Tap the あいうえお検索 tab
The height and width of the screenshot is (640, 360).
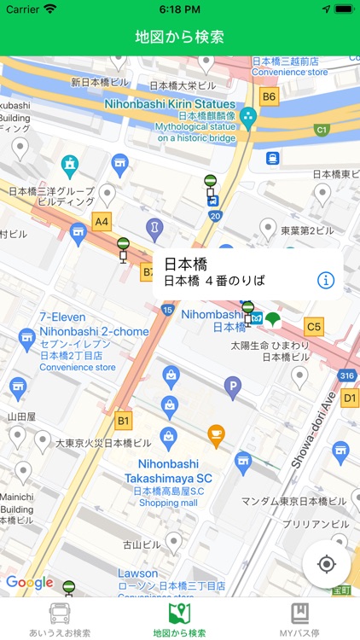pyautogui.click(x=60, y=620)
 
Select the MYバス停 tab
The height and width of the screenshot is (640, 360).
pyautogui.click(x=299, y=620)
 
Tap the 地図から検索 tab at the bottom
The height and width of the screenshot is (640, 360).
pyautogui.click(x=179, y=620)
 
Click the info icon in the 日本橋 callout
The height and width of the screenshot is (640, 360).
pyautogui.click(x=326, y=280)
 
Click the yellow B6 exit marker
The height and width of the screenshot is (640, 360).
pyautogui.click(x=270, y=96)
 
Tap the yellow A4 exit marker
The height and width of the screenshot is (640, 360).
pyautogui.click(x=102, y=222)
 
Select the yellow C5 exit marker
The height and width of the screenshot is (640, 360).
pyautogui.click(x=314, y=326)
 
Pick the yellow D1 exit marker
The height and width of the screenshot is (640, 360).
pyautogui.click(x=351, y=398)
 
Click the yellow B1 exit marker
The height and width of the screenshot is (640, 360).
pyautogui.click(x=125, y=421)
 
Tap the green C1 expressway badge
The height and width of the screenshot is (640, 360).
pyautogui.click(x=322, y=130)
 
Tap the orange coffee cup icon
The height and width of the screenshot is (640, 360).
pyautogui.click(x=217, y=433)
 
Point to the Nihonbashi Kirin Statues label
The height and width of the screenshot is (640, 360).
pyautogui.click(x=170, y=104)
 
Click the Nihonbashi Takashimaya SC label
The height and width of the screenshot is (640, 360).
pyautogui.click(x=168, y=472)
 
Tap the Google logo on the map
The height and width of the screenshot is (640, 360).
pyautogui.click(x=29, y=583)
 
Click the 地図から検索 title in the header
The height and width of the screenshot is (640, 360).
pyautogui.click(x=180, y=37)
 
